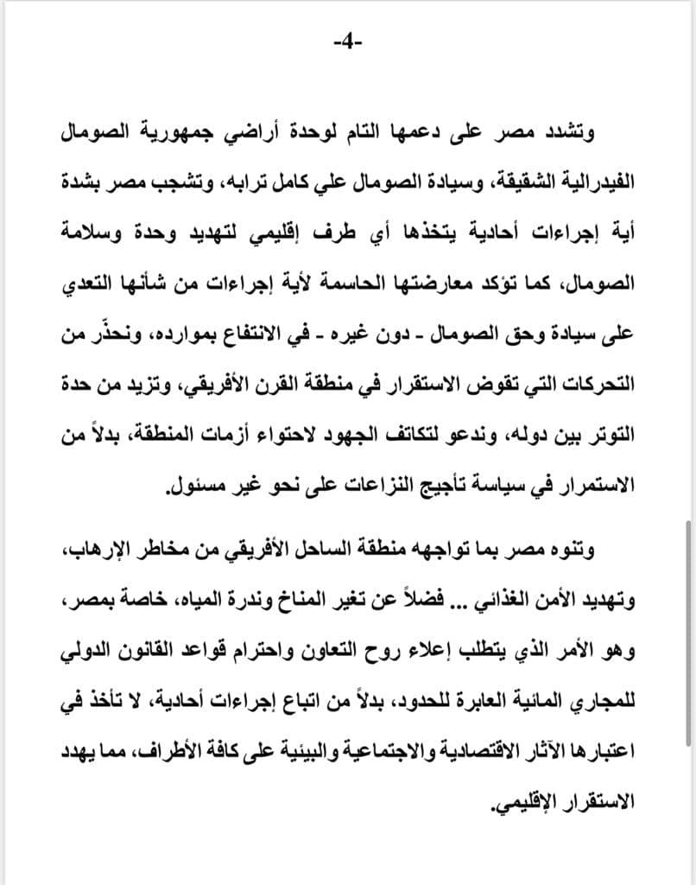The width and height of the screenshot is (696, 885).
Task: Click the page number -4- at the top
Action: coord(347,42)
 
